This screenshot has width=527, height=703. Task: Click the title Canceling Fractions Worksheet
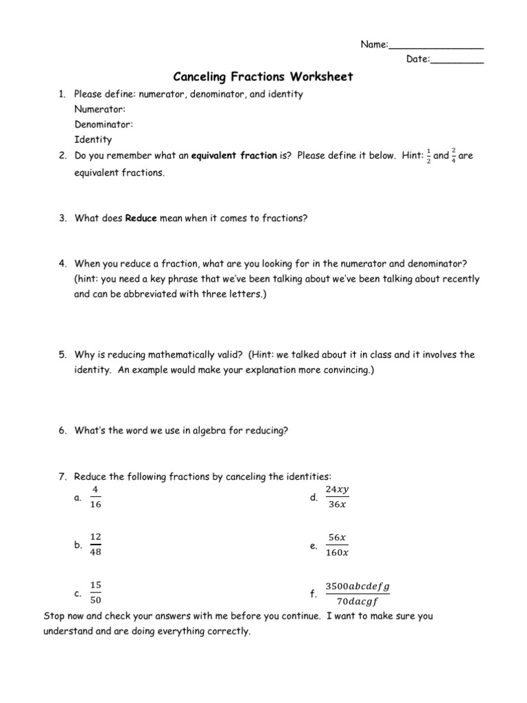coord(262,76)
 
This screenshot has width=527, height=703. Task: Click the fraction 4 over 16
coord(96,497)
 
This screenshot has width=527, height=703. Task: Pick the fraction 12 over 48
coord(96,544)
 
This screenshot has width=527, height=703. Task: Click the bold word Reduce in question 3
coord(141,218)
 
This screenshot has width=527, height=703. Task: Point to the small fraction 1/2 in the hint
coord(429,156)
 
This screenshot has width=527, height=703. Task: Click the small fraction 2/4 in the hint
coord(454,156)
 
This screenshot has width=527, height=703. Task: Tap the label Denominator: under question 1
coord(104,124)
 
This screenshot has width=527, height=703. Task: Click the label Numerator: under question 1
coord(99,109)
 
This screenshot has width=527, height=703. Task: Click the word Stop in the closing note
coord(54,616)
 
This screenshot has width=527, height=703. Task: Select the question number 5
coord(61,355)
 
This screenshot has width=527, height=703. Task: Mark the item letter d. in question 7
coord(314,498)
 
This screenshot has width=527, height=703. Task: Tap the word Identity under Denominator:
coord(93,139)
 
